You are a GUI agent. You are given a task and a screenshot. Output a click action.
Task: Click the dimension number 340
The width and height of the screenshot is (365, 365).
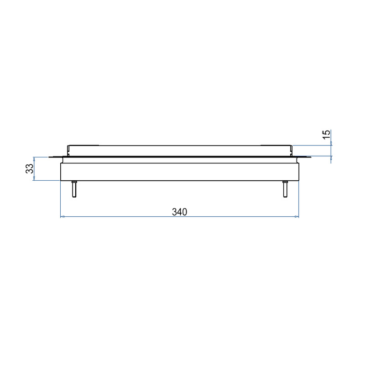(179, 212)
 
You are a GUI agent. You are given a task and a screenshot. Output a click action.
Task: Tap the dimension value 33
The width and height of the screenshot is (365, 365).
(30, 168)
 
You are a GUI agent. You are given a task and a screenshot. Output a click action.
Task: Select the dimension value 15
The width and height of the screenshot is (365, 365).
(326, 135)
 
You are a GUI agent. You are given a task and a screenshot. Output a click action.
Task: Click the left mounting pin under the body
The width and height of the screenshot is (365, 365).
(74, 189)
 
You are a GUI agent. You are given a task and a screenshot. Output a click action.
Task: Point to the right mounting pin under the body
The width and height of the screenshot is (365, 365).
(285, 189)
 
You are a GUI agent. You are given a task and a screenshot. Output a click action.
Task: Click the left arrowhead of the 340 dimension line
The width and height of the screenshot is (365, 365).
(62, 217)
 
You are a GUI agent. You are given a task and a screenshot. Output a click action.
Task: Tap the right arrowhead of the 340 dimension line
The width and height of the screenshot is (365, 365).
(297, 217)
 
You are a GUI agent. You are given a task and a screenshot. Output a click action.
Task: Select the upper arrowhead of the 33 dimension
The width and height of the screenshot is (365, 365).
(34, 159)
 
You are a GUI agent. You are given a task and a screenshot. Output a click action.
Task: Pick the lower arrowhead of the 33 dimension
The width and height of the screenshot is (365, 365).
(34, 178)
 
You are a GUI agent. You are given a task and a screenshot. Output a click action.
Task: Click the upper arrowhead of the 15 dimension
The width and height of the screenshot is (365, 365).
(331, 143)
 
